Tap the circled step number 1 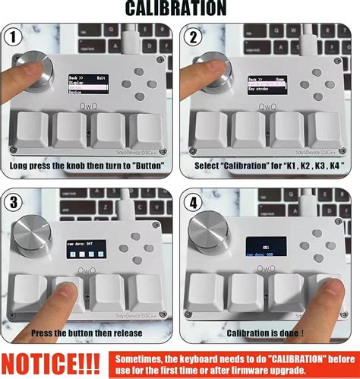12,36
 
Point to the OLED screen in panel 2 261,84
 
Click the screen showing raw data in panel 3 87,250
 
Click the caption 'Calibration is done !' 270,332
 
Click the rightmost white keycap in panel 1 146,131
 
